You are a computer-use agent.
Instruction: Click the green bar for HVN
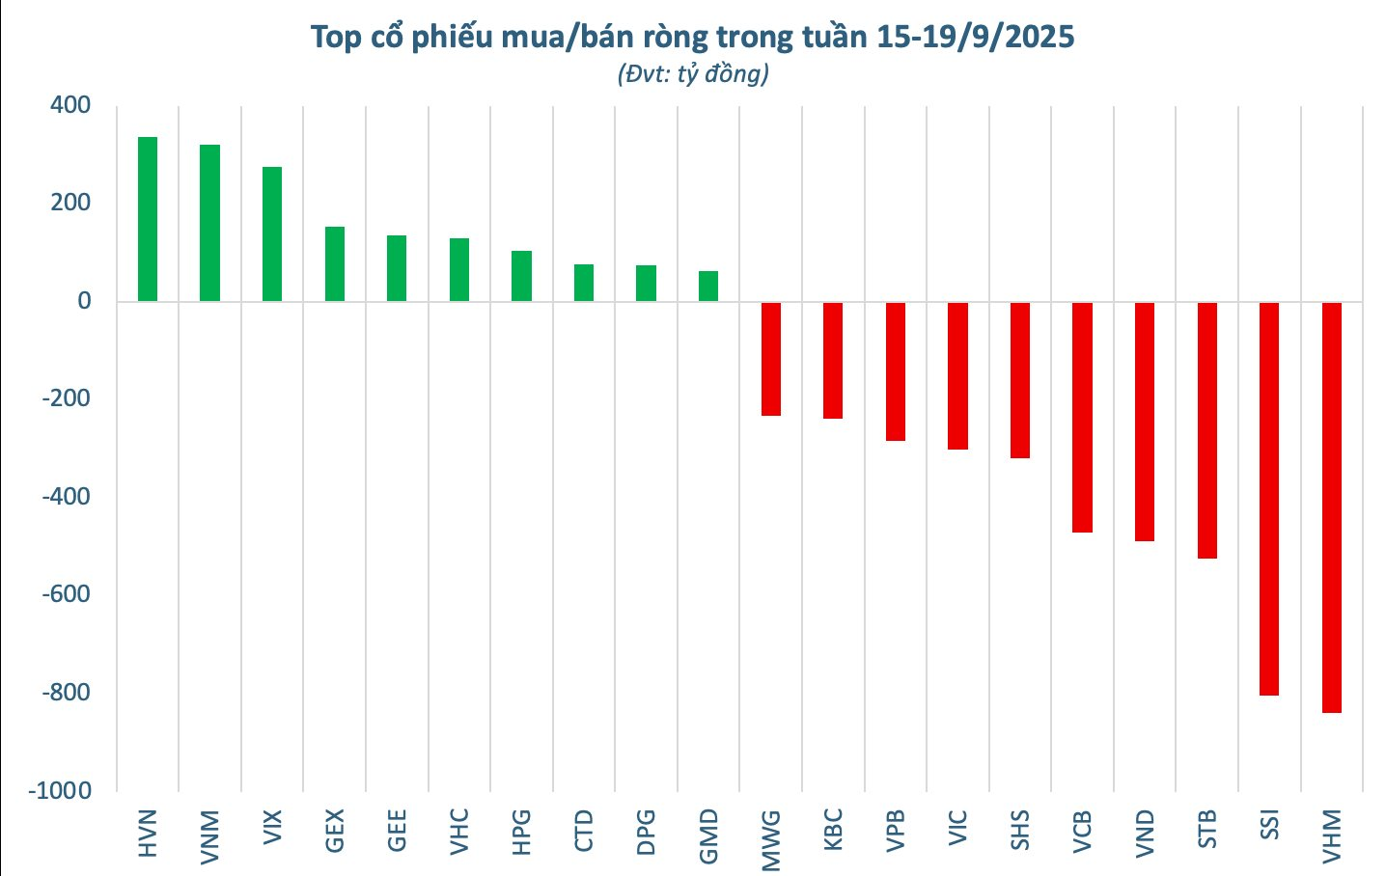148,219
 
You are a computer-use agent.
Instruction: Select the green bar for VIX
272,234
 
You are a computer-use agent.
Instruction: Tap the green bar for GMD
708,287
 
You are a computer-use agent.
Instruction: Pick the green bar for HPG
521,276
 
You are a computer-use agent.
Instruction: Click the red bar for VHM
1331,507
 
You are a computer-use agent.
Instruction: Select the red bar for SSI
1269,499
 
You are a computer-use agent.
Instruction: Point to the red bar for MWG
770,359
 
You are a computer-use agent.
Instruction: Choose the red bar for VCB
1082,418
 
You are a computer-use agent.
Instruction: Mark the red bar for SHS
1020,380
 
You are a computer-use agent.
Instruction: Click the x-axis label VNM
209,835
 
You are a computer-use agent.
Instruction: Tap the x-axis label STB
1206,831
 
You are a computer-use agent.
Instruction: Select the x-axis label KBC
833,831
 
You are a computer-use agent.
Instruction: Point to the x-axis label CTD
584,832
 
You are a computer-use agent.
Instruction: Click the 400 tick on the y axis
70,105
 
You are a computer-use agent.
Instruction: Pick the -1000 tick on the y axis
60,790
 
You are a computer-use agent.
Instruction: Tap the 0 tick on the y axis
84,301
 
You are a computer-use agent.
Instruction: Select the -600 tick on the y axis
66,594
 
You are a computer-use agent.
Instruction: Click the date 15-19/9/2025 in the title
975,38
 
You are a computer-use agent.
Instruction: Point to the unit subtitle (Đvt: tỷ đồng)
693,74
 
